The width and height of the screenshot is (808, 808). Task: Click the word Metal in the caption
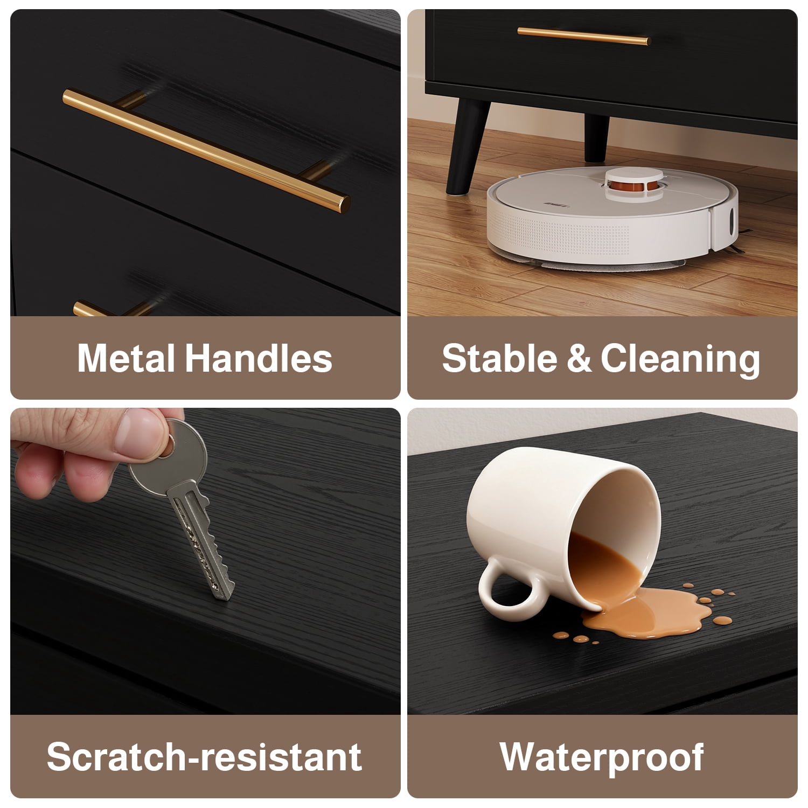(x=126, y=358)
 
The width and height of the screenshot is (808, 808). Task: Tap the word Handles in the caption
(x=259, y=358)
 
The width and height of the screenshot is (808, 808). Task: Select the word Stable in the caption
(x=499, y=358)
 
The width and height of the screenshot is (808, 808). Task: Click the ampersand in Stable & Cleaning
(x=579, y=359)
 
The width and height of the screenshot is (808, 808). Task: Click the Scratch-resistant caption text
(x=204, y=756)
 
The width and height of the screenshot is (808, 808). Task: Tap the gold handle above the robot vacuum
(x=584, y=36)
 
